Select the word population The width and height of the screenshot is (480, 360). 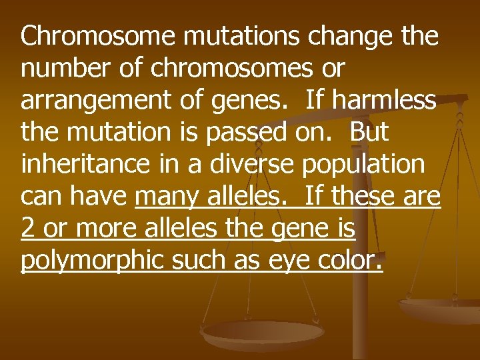coord(363,165)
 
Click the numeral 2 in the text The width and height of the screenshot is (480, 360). coord(28,229)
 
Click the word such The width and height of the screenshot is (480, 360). coord(202,261)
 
